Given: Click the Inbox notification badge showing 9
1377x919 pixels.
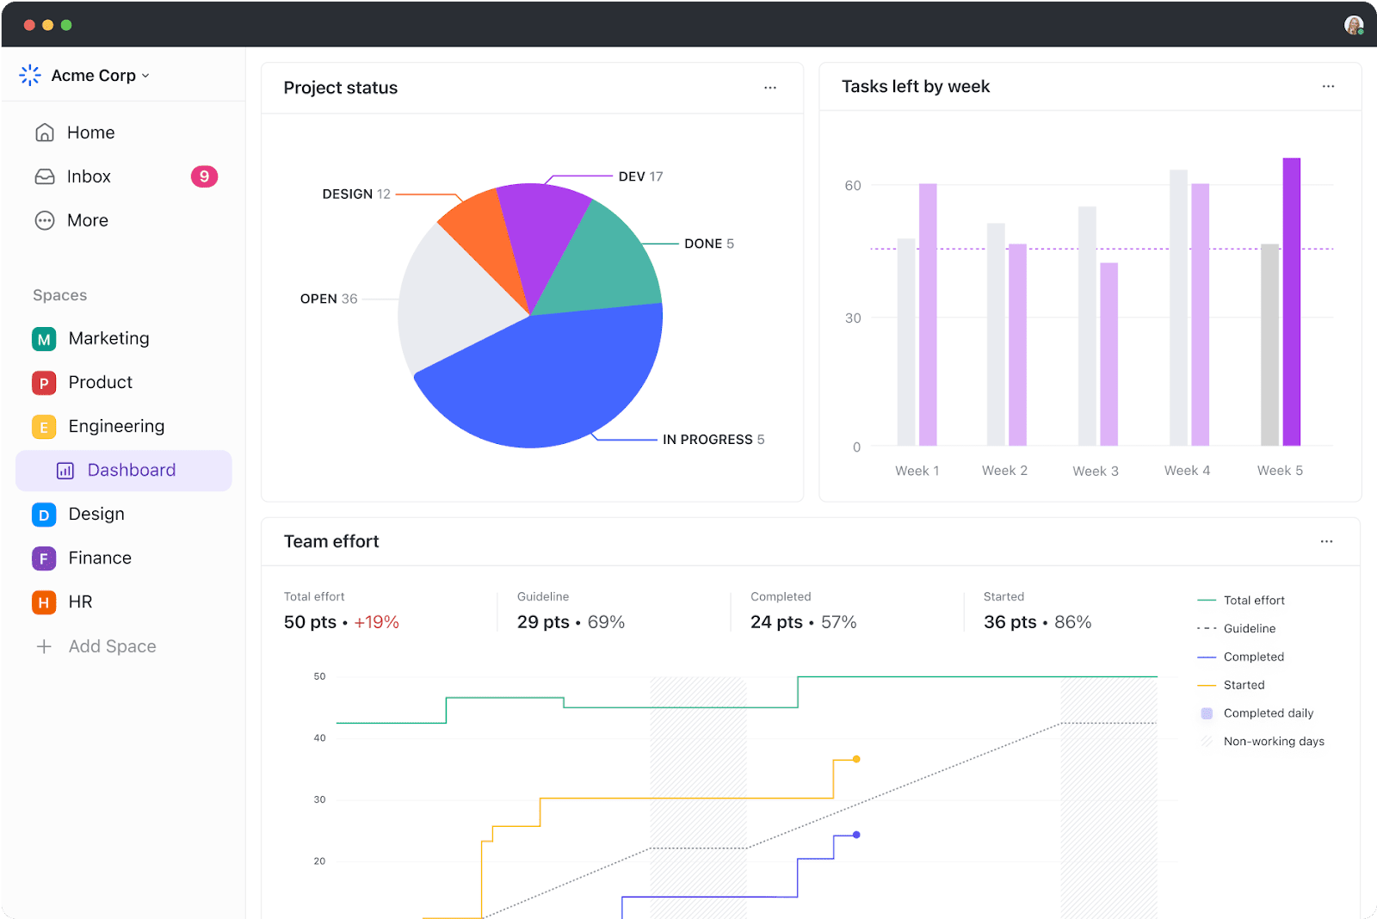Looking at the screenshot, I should click(x=204, y=176).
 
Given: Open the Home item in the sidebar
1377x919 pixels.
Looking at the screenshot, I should click(x=90, y=133).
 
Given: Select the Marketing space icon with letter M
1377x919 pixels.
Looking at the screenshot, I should click(x=44, y=339).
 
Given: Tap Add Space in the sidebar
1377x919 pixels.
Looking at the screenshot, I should click(x=112, y=646).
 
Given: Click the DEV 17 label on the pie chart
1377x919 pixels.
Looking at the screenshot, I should click(x=640, y=176).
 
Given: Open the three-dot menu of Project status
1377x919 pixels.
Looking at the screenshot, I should click(x=770, y=88).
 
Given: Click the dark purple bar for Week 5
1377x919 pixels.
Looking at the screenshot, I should click(x=1291, y=301).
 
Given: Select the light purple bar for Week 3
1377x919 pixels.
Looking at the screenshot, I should click(x=1108, y=353).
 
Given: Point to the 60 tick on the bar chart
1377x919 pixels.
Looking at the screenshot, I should click(x=852, y=186).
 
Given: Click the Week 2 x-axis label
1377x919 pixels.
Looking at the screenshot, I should click(x=1004, y=471).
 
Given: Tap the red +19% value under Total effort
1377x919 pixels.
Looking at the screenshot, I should click(x=376, y=622).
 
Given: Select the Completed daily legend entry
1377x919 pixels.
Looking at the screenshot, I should click(x=1268, y=713).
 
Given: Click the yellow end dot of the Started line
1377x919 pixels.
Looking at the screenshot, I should click(x=856, y=759).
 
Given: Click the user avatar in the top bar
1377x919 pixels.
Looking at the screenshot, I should click(x=1353, y=25).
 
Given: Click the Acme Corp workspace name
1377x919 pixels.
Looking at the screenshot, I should click(x=93, y=76).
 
